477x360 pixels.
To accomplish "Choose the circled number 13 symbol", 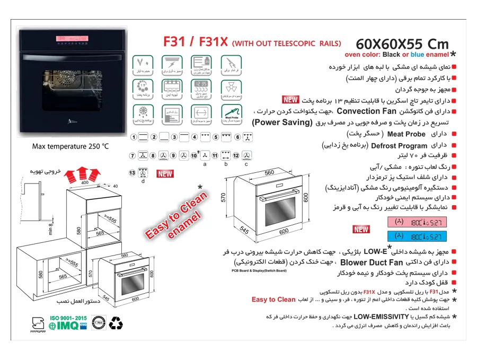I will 132,173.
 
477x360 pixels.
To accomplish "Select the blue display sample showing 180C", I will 417,236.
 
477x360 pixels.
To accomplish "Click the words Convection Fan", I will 366,111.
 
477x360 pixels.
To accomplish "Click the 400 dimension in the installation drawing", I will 85,182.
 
